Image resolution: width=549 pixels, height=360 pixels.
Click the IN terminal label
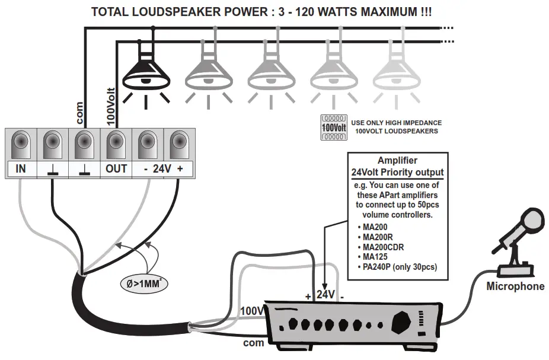tap(21, 168)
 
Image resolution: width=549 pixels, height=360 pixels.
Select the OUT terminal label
tap(116, 168)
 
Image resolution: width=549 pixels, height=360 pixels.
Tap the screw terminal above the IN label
tap(21, 144)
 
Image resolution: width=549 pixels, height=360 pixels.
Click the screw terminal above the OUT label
tap(116, 144)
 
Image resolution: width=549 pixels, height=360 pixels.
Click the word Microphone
tap(515, 286)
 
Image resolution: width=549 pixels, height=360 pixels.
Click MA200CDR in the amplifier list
tap(384, 247)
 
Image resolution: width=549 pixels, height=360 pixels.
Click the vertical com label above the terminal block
tap(79, 113)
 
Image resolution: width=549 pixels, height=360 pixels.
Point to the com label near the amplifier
tap(253, 343)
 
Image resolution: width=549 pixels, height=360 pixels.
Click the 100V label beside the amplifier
tap(251, 311)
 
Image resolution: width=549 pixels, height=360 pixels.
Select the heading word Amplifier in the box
tap(397, 161)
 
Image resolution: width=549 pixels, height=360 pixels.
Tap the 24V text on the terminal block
tap(162, 168)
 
